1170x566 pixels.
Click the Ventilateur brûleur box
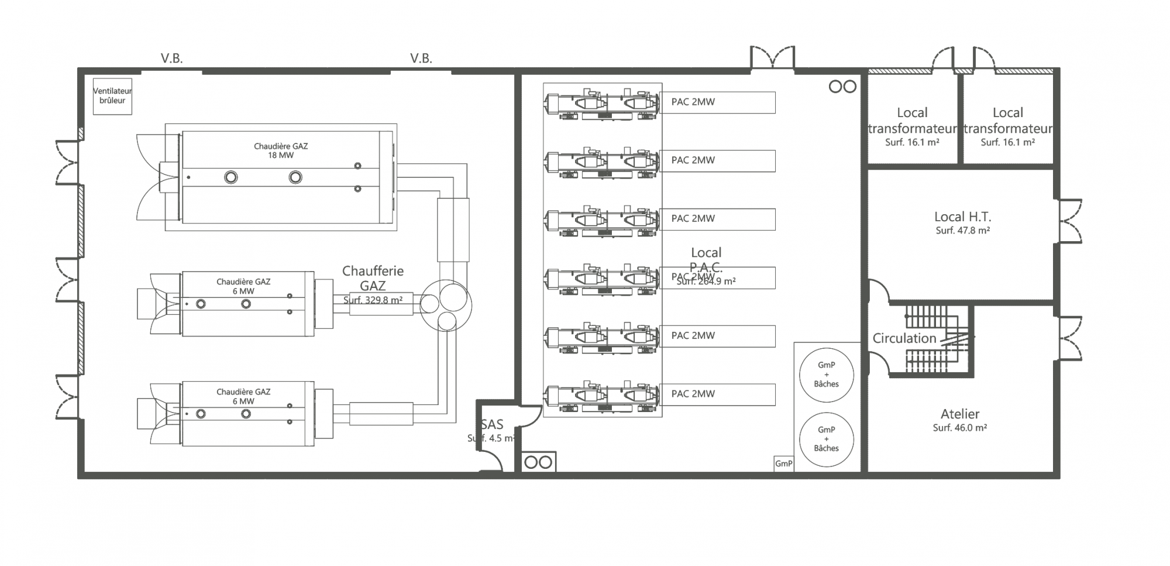pyautogui.click(x=112, y=96)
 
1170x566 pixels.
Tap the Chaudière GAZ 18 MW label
pyautogui.click(x=281, y=150)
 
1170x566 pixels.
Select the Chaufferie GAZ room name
pyautogui.click(x=373, y=278)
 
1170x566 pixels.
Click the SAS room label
pyautogui.click(x=492, y=425)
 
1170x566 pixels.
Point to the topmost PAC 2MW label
pyautogui.click(x=693, y=102)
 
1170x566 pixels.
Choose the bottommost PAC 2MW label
pyautogui.click(x=693, y=394)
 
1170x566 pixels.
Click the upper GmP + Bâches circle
pyautogui.click(x=826, y=375)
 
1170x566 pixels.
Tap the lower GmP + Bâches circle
pyautogui.click(x=826, y=439)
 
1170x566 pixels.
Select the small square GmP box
pyautogui.click(x=783, y=464)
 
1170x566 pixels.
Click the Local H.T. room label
pyautogui.click(x=962, y=217)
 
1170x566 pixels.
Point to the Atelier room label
pyautogui.click(x=960, y=414)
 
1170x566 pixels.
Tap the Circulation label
pyautogui.click(x=904, y=338)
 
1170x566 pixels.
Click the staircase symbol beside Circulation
pyautogui.click(x=936, y=338)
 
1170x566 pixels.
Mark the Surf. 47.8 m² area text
pyautogui.click(x=962, y=231)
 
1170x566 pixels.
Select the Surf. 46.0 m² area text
pyautogui.click(x=960, y=428)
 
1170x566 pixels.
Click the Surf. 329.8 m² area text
pyautogui.click(x=373, y=300)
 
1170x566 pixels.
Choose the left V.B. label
pyautogui.click(x=172, y=59)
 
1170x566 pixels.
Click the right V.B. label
pyautogui.click(x=421, y=59)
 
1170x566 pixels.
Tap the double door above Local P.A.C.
pyautogui.click(x=773, y=59)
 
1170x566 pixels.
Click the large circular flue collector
pyautogui.click(x=446, y=305)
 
